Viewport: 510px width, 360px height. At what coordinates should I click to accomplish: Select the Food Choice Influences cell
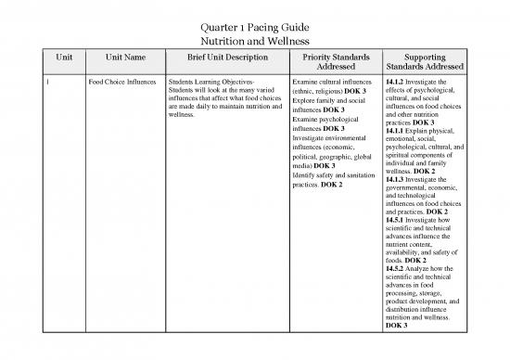(x=122, y=83)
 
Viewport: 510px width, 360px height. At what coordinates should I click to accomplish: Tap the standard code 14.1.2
(x=393, y=83)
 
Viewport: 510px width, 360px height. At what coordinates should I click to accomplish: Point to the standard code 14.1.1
(x=393, y=131)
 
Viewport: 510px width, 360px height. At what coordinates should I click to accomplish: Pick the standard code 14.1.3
(x=393, y=179)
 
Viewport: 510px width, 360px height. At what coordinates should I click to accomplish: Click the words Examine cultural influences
(x=331, y=83)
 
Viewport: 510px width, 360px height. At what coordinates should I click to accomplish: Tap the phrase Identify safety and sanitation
(x=331, y=175)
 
